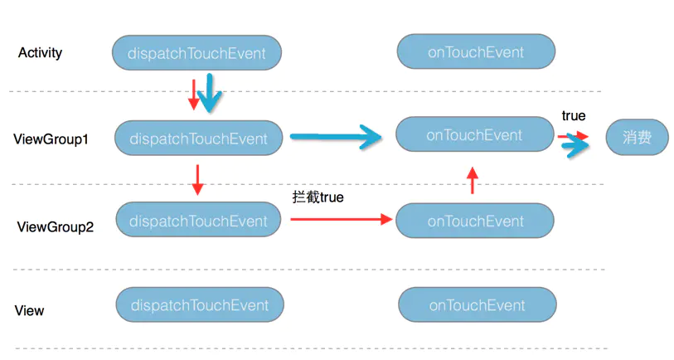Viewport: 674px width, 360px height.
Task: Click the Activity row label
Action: [40, 53]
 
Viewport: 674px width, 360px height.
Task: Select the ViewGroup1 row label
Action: [51, 139]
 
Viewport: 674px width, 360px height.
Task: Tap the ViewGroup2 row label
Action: [55, 226]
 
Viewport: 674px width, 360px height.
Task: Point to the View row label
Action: [29, 310]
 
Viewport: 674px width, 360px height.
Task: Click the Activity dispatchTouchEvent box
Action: [196, 53]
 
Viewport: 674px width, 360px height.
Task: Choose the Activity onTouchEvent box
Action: [476, 51]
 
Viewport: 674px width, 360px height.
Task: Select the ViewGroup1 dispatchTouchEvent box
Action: [199, 138]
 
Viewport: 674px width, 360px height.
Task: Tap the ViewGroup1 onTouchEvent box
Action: [474, 134]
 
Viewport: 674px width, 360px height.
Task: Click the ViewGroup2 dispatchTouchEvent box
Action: [198, 220]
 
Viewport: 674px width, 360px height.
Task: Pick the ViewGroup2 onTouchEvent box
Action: [475, 221]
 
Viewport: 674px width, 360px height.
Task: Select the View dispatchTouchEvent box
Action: [200, 304]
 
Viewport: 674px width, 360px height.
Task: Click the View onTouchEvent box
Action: [478, 304]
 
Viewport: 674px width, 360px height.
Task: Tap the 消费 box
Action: [637, 137]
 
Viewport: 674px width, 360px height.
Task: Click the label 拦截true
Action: [318, 197]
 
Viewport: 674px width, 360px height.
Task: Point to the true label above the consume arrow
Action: [574, 115]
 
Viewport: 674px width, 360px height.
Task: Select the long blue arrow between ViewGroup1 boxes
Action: [336, 137]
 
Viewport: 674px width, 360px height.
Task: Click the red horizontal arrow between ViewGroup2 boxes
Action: [342, 219]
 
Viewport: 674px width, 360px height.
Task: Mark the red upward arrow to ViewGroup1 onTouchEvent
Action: [473, 180]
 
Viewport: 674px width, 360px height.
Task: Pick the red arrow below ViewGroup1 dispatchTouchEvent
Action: [197, 180]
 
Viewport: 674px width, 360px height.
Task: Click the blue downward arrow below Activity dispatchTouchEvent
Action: [210, 93]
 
